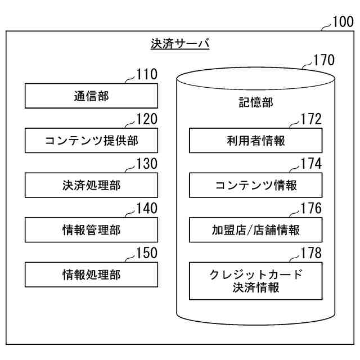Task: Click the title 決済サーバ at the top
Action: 180,44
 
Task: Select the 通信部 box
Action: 91,96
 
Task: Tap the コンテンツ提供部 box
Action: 91,141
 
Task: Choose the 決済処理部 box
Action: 91,185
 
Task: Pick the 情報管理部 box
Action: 91,230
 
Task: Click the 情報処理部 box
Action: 91,274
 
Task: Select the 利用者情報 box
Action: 256,141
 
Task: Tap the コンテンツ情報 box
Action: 256,185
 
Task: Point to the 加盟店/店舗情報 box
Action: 256,230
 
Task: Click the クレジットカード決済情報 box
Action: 256,281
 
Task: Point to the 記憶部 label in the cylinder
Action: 256,102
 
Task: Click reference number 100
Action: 343,22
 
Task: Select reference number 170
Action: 324,60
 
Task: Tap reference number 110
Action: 147,74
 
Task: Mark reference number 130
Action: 147,164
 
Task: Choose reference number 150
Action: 147,253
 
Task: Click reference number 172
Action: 311,119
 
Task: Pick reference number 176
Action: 311,208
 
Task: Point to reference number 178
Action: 311,253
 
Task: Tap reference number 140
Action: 147,208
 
